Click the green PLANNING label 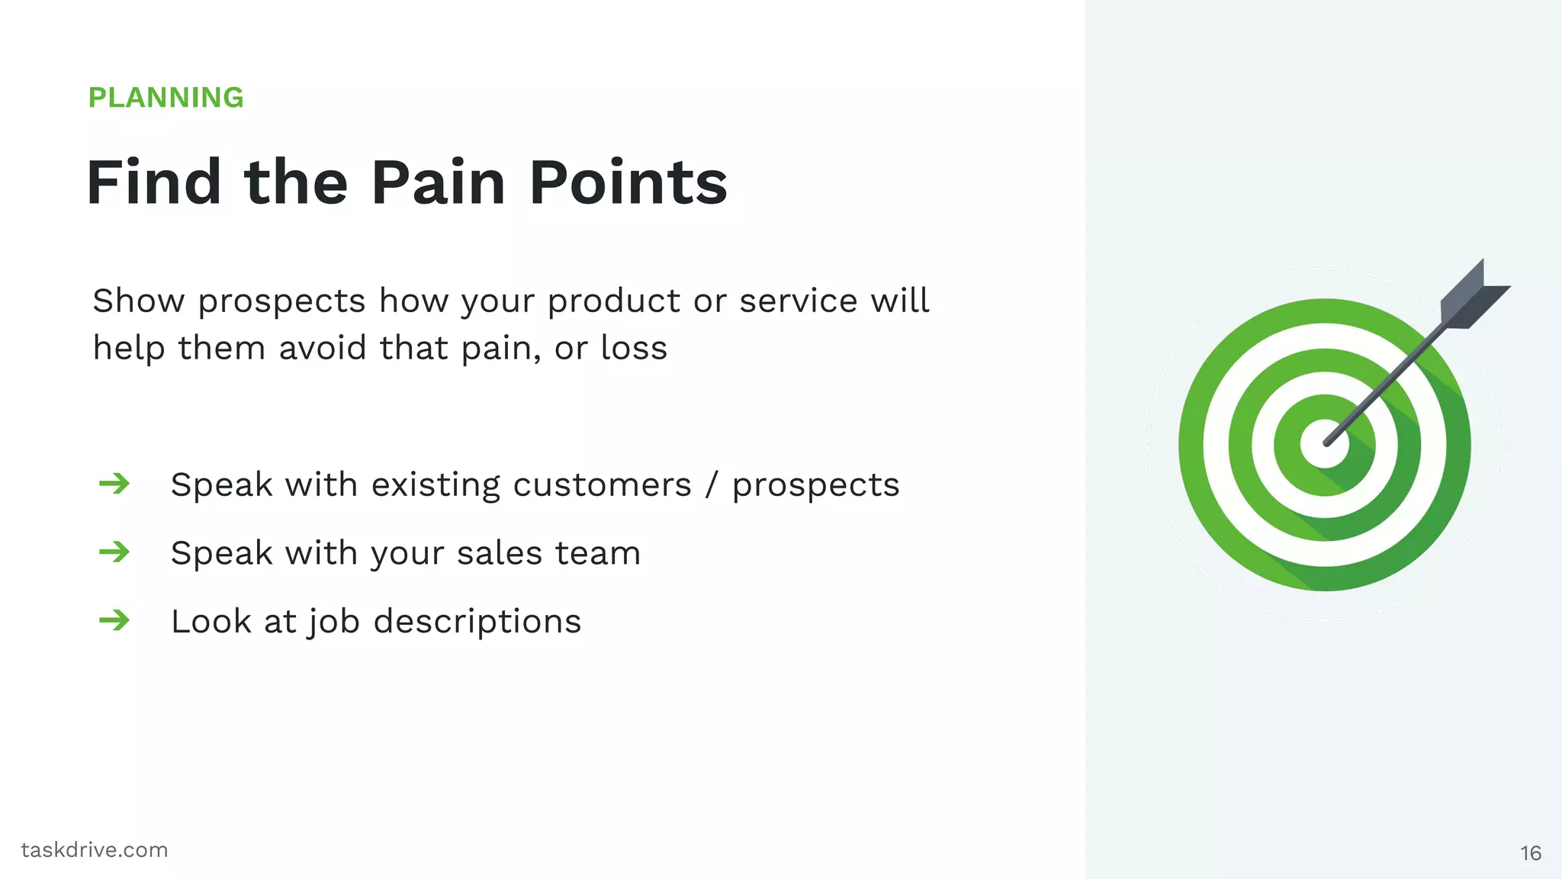(166, 98)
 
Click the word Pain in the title (438, 183)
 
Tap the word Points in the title (628, 183)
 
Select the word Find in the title (153, 183)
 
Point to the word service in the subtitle (798, 301)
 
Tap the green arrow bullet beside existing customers (114, 484)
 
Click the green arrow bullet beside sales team (114, 552)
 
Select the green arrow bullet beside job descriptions (114, 620)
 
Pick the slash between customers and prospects (712, 485)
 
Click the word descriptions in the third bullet (477, 621)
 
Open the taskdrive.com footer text (95, 850)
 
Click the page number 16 (1530, 853)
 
